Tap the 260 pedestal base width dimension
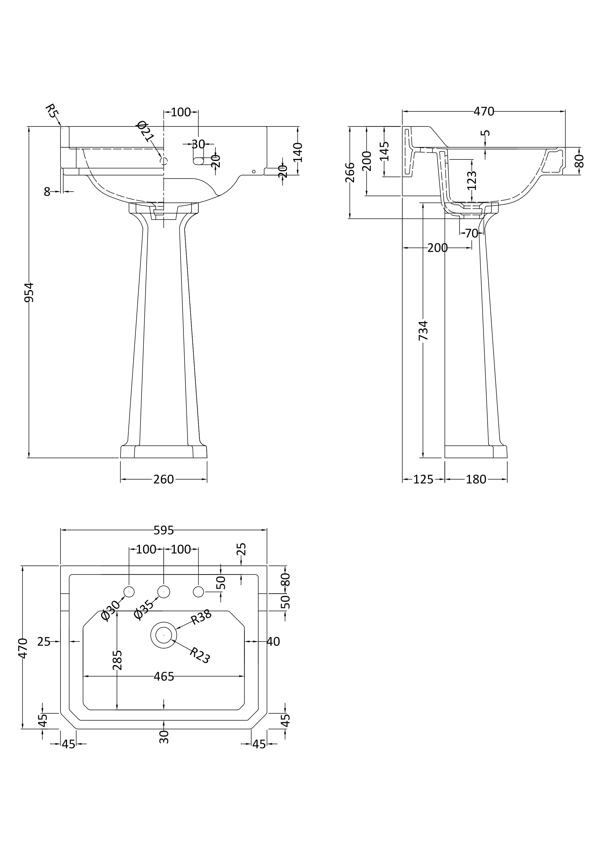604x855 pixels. [x=163, y=479]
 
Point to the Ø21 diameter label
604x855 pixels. [x=145, y=131]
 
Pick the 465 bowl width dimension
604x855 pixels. [x=164, y=677]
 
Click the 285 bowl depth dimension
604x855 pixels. [x=117, y=660]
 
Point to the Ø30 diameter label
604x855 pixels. [x=111, y=611]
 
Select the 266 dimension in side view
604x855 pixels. [x=350, y=172]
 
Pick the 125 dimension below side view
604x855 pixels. [x=423, y=479]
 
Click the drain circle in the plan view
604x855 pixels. [x=163, y=635]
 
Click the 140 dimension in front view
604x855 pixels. [x=298, y=152]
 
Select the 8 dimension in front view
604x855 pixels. [x=47, y=192]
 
